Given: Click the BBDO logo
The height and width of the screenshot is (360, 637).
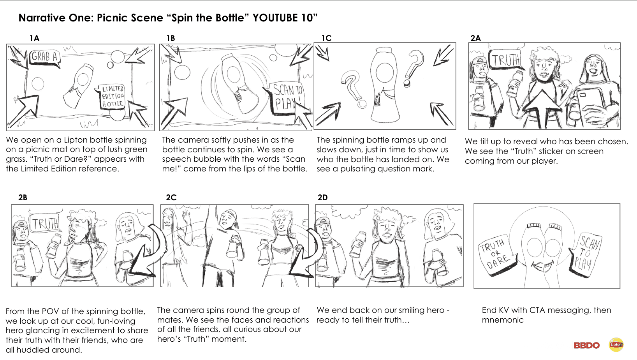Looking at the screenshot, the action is click(587, 345).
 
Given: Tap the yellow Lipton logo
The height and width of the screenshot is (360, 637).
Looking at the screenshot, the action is click(616, 345).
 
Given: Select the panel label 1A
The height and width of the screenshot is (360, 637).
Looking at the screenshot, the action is click(34, 38).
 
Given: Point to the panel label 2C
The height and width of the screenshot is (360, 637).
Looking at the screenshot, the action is click(171, 198).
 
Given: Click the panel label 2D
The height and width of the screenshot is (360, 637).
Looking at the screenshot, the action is click(322, 198).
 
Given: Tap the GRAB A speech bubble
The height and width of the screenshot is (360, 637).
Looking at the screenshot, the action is click(45, 58).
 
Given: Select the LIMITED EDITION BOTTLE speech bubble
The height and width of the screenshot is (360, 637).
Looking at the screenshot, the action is click(112, 96).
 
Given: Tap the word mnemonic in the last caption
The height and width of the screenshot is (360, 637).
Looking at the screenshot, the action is click(503, 320).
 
